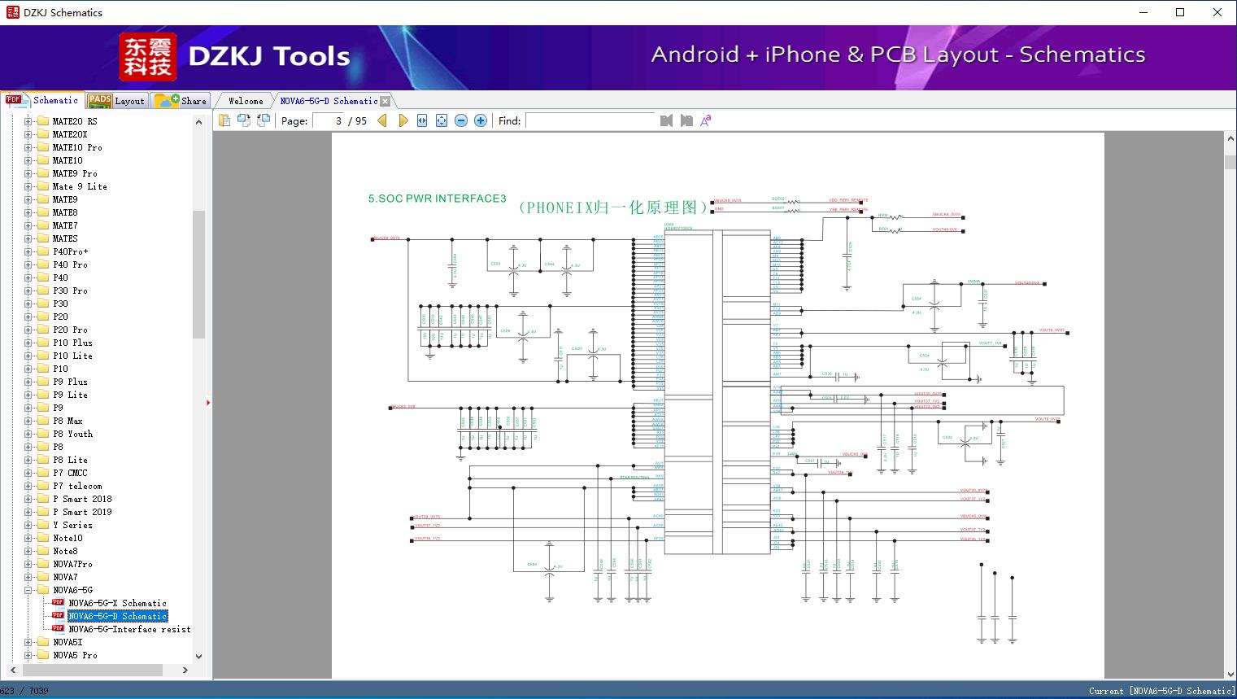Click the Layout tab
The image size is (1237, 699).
(x=116, y=101)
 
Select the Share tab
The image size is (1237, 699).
(x=181, y=101)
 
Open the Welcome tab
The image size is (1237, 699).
(x=245, y=101)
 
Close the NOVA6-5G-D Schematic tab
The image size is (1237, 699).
(x=385, y=102)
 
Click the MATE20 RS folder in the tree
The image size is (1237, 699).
(x=74, y=121)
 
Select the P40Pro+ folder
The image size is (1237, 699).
(x=70, y=251)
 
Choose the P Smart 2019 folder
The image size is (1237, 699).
(x=82, y=512)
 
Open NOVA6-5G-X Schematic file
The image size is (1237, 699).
(x=117, y=603)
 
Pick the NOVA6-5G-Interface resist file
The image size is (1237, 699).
(x=129, y=629)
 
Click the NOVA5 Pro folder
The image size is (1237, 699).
(x=75, y=655)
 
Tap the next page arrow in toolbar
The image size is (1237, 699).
(x=403, y=120)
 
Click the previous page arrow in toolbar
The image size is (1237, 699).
(x=382, y=120)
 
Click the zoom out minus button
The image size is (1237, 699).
(x=461, y=120)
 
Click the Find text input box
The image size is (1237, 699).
(x=590, y=120)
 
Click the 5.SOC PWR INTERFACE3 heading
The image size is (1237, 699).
(x=437, y=199)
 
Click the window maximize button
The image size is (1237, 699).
(x=1180, y=12)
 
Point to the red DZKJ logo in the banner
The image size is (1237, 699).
(x=148, y=57)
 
